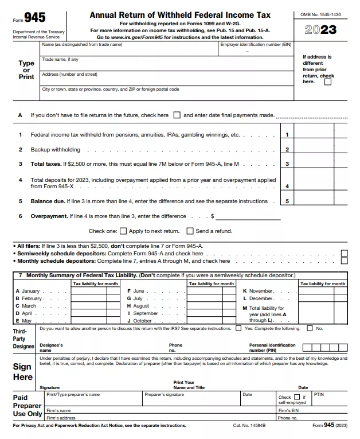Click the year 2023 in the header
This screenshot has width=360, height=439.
320,30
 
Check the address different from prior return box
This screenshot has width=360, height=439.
328,82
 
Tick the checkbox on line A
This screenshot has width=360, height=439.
177,115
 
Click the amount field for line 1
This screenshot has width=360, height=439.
313,135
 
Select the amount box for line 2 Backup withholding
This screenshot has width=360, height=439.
313,149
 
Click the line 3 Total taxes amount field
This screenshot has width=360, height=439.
313,164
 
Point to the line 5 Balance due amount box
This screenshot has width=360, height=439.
313,201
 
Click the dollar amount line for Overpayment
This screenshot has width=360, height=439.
248,216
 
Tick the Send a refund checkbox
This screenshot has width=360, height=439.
190,231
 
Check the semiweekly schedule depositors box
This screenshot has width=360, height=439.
344,253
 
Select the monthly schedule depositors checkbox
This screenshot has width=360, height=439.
344,261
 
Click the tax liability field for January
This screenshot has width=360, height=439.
95,291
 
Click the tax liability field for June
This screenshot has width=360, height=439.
211,291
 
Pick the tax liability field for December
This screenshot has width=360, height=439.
323,298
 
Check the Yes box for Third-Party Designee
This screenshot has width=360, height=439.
238,328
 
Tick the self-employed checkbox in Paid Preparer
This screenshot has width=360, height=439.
297,397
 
